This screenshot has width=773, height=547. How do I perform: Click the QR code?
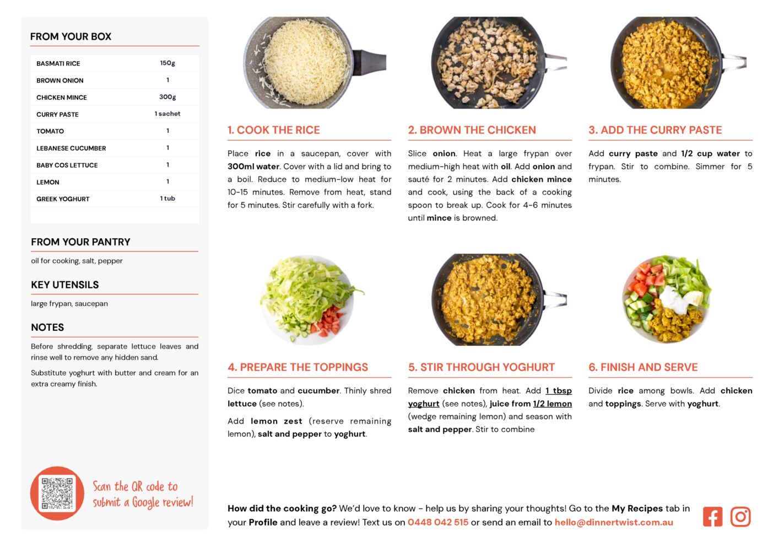point(57,493)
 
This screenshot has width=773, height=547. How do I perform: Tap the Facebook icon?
point(712,517)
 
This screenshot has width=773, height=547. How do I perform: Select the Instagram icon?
point(740,517)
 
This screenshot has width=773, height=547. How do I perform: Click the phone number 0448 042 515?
point(438,522)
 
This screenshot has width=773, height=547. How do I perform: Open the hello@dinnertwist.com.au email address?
point(614,522)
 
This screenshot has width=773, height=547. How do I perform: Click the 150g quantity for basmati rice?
point(167,63)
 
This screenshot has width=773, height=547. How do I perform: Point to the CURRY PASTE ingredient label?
point(57,114)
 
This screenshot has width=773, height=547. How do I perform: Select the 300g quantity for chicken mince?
point(167,96)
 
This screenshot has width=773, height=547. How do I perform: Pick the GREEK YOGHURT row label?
point(63,199)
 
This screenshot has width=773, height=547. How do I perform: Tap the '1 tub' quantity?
point(167,198)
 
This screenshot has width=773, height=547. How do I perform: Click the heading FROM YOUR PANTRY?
point(80,242)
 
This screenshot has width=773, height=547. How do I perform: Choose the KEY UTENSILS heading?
point(64,285)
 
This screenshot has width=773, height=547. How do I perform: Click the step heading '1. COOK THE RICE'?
point(273,130)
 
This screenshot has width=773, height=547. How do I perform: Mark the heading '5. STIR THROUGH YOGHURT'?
point(482,367)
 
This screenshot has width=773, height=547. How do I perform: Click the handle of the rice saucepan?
point(369,62)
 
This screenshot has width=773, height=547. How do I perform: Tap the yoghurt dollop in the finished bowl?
point(673,299)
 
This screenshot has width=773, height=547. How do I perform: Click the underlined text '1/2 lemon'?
point(553,404)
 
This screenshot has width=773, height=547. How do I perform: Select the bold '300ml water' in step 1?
point(253,167)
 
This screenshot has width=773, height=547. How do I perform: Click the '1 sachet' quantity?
point(167,114)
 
